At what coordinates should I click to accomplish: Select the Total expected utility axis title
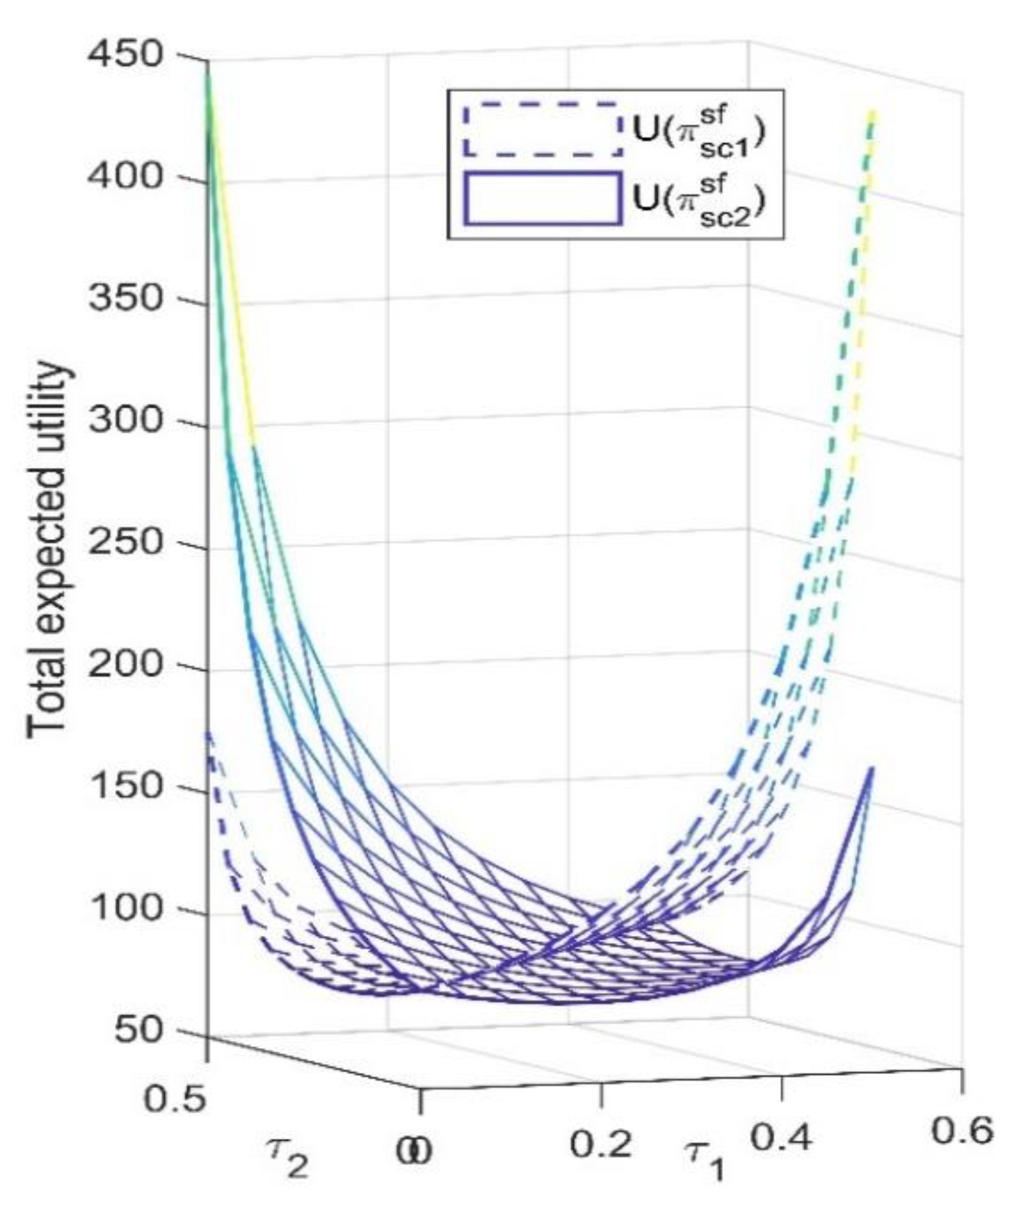coord(48,551)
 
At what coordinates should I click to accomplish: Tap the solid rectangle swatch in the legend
coord(542,198)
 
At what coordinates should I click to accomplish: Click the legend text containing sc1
coord(699,130)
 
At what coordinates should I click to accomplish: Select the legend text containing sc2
coord(699,199)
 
